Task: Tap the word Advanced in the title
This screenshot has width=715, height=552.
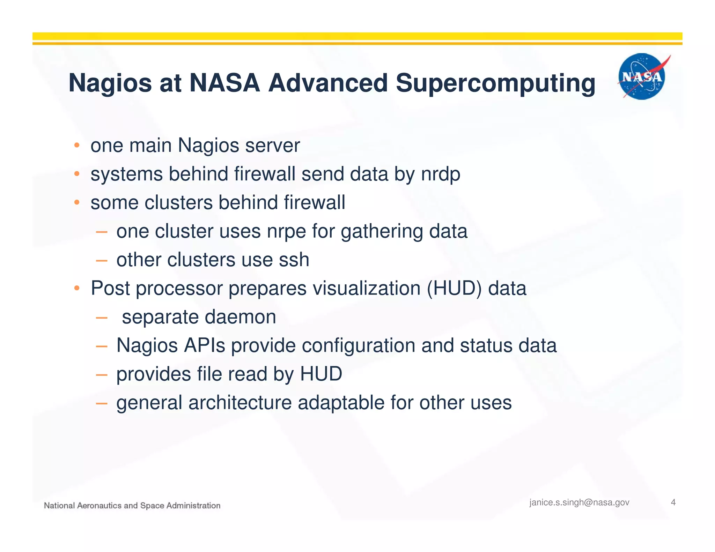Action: tap(328, 83)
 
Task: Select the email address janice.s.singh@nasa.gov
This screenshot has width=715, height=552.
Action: tap(579, 502)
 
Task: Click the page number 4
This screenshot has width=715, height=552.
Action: tap(673, 502)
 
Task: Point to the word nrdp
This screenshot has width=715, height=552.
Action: tap(441, 174)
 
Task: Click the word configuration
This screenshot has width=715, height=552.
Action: tap(358, 346)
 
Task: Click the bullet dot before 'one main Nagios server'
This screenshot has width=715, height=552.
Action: tap(77, 145)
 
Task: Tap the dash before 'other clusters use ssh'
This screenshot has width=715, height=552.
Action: tap(101, 260)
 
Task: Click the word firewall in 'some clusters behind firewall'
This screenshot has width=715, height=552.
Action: tap(314, 203)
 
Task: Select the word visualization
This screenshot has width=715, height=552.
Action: tap(366, 289)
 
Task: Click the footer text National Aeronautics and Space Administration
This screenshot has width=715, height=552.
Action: tap(132, 506)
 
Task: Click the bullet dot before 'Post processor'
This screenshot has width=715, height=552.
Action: tap(77, 288)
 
